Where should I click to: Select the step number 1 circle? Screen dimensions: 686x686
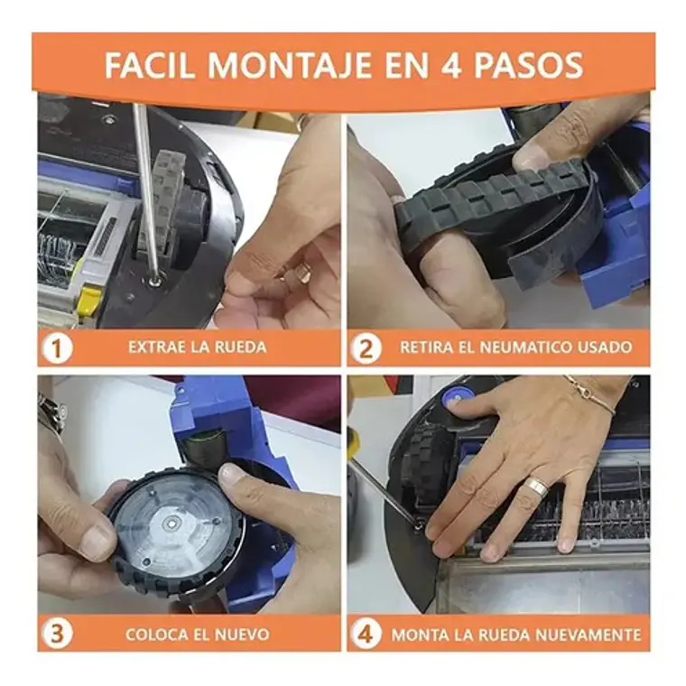pos(57,348)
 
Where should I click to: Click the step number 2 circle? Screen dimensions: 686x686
pos(366,348)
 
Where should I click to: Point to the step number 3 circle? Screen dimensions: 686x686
pos(57,635)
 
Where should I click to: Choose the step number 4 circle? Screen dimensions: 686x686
pos(366,635)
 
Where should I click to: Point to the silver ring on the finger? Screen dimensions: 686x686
pos(537,487)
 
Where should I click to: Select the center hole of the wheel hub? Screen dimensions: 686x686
pos(171,522)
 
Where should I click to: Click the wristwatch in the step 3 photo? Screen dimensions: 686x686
pos(51,412)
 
